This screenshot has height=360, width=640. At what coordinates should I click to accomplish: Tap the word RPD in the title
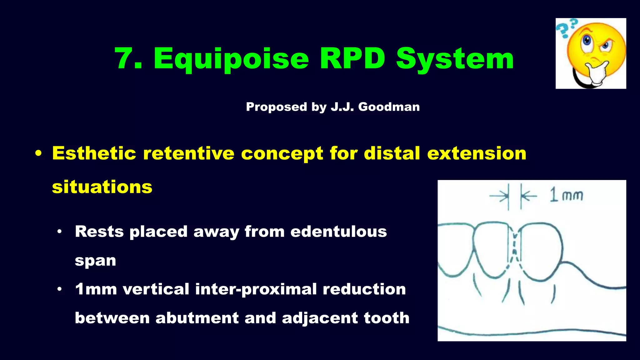(352, 58)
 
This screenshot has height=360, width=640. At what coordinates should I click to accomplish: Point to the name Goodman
(389, 107)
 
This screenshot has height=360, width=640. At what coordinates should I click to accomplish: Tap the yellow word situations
(102, 187)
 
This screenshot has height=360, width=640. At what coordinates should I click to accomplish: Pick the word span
(95, 261)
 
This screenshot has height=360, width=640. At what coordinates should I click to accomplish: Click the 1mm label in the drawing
(567, 195)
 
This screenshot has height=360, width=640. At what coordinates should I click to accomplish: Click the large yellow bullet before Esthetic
(38, 154)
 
